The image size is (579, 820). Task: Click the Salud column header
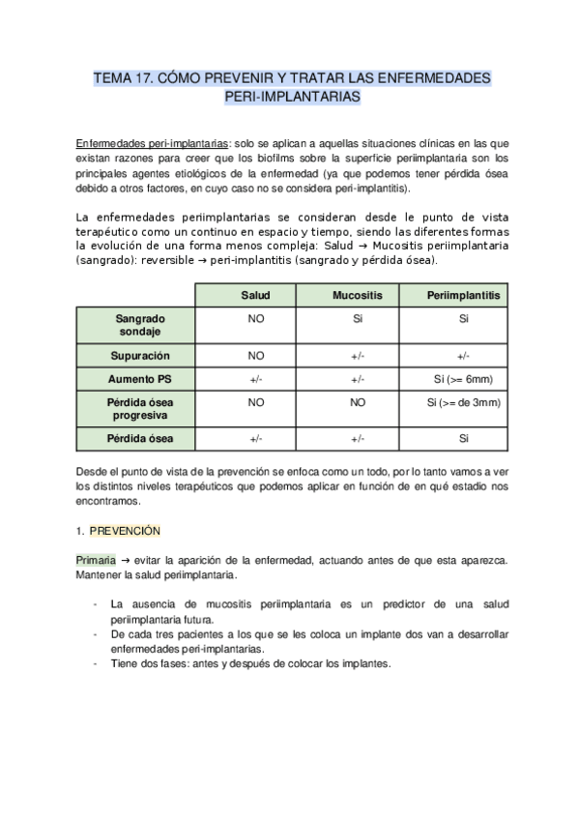(x=256, y=295)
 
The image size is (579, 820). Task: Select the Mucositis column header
(x=358, y=295)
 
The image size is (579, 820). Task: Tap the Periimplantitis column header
(x=463, y=295)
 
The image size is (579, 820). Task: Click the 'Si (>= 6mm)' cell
(x=463, y=379)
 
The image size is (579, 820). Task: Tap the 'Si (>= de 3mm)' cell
(x=463, y=401)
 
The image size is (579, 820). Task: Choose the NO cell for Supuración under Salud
(x=256, y=356)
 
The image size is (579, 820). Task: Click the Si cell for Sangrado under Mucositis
(x=358, y=317)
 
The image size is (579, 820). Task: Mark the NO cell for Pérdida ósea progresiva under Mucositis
(x=358, y=401)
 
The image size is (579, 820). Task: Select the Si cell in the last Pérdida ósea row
(x=463, y=438)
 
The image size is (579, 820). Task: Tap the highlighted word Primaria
(x=95, y=560)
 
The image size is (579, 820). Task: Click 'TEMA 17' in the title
(x=122, y=76)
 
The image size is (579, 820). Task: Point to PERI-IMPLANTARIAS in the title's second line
(x=291, y=98)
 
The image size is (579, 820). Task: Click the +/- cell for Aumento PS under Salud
(x=256, y=379)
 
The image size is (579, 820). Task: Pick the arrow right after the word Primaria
(x=125, y=560)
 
